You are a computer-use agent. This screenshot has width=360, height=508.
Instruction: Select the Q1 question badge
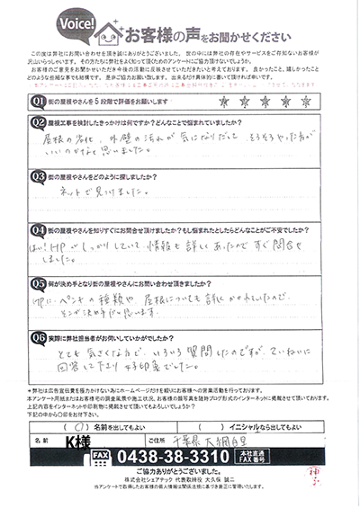pyautogui.click(x=39, y=101)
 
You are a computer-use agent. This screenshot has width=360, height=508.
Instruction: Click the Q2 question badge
pyautogui.click(x=39, y=121)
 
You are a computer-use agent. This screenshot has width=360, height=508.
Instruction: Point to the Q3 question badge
pyautogui.click(x=39, y=176)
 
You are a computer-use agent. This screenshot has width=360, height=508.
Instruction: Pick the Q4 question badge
pyautogui.click(x=39, y=228)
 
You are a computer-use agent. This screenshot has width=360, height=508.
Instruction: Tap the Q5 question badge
pyautogui.click(x=39, y=280)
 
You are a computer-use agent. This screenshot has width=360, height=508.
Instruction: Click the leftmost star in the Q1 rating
pyautogui.click(x=221, y=102)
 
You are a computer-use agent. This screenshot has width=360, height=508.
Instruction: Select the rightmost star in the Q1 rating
pyautogui.click(x=307, y=102)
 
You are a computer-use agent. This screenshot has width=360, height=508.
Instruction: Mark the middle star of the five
pyautogui.click(x=265, y=102)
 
